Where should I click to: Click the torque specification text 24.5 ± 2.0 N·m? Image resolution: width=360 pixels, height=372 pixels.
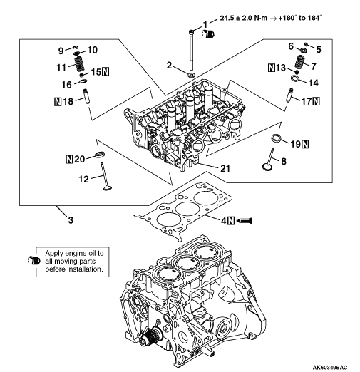point(243,18)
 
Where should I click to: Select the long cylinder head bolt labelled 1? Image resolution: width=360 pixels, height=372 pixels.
point(191,50)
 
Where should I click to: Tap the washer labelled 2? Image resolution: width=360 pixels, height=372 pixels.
point(191,75)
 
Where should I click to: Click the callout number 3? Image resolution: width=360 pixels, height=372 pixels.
point(71,220)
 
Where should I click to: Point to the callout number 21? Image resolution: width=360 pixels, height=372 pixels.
point(225,168)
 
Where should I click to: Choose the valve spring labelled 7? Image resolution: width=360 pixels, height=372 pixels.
point(300,61)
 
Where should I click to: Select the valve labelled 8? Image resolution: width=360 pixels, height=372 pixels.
point(269,159)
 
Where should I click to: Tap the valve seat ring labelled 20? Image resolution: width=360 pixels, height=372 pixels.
point(100,154)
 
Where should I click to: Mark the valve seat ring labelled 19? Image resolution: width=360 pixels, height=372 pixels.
point(277,138)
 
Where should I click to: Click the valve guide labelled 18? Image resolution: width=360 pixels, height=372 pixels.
point(86,96)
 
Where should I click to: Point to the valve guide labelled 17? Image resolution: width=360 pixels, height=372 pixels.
point(289,95)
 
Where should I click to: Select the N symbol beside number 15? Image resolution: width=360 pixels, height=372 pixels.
point(106,71)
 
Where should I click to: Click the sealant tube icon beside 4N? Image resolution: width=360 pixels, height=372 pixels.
point(245,221)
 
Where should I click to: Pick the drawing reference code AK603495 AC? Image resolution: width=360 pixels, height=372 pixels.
point(330,367)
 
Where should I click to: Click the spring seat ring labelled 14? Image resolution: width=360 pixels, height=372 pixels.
point(295,78)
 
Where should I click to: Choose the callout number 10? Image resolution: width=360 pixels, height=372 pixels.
point(93,50)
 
